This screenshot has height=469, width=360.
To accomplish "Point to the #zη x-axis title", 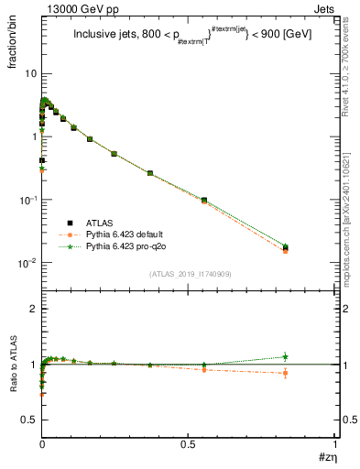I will point(329,455).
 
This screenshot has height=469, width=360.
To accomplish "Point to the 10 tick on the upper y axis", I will point(28,73).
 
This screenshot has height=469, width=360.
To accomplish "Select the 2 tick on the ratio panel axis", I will point(32,309).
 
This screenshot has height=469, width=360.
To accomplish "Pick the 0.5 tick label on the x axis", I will point(188,442).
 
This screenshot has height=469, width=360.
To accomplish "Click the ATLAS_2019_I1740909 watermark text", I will point(189,274).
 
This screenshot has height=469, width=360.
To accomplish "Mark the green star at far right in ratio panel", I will point(286,356).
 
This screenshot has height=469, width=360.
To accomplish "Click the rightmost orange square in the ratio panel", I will point(286,373).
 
